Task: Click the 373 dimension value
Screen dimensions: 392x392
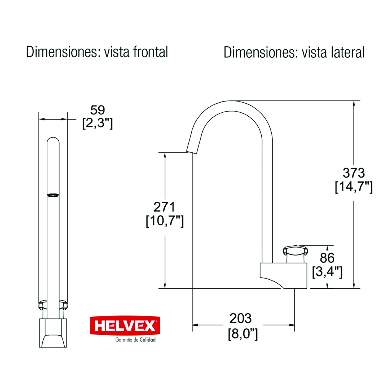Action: tap(354, 173)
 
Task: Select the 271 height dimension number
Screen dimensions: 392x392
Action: tap(164, 207)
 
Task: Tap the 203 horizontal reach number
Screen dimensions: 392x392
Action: tap(240, 318)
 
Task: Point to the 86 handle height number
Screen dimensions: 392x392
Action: tap(327, 258)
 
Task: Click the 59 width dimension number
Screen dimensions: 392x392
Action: tap(98, 110)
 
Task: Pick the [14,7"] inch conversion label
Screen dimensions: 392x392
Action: tap(354, 187)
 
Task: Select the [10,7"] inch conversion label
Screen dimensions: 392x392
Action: tap(165, 221)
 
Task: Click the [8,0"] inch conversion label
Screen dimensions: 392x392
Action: tap(243, 334)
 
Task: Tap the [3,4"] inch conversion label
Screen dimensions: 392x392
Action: tap(327, 272)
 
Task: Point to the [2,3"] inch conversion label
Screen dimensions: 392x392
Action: tap(98, 123)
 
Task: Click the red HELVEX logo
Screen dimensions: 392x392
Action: tap(125, 325)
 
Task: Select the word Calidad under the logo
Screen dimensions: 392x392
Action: tap(147, 340)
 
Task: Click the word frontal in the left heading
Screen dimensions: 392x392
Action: tap(151, 52)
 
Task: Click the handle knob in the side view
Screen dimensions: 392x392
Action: tap(295, 251)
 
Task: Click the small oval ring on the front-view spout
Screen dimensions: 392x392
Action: tap(53, 195)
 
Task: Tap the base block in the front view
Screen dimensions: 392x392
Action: tap(53, 333)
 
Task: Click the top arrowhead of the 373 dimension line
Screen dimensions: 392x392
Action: tap(354, 103)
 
